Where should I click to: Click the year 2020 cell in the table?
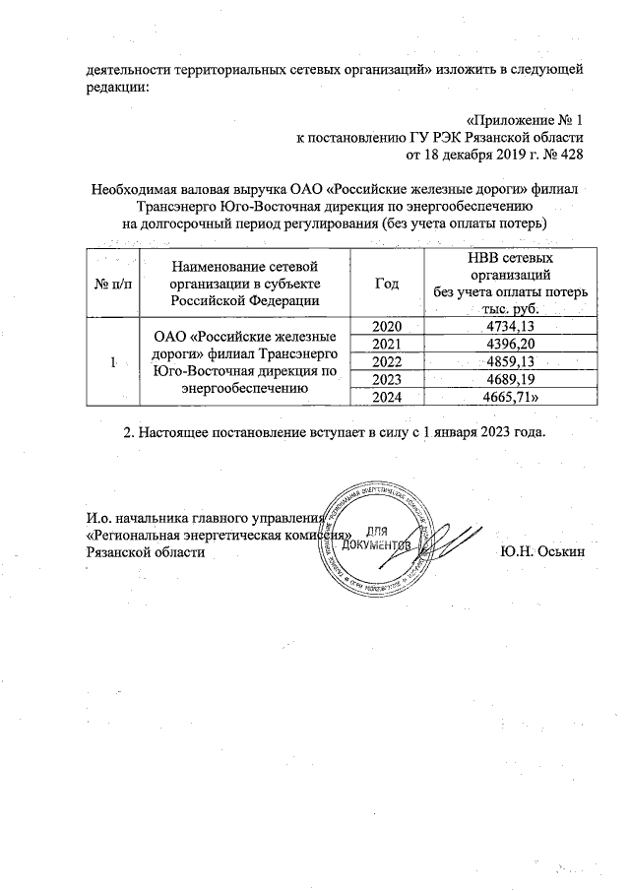pyautogui.click(x=387, y=326)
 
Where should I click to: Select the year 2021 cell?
pyautogui.click(x=387, y=343)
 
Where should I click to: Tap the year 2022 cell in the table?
pyautogui.click(x=387, y=360)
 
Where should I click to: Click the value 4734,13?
pyautogui.click(x=510, y=326)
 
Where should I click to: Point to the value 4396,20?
pyautogui.click(x=510, y=343)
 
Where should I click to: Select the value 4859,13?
pyautogui.click(x=510, y=360)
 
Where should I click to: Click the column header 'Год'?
pyautogui.click(x=387, y=284)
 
